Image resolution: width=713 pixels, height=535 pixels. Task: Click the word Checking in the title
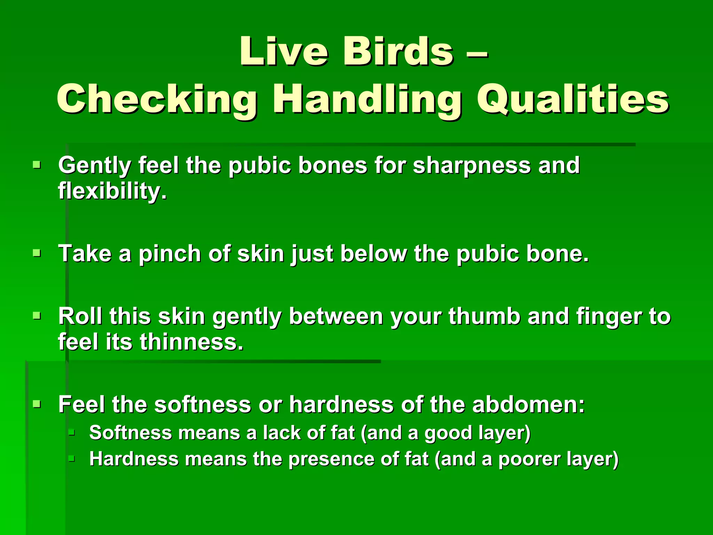(157, 99)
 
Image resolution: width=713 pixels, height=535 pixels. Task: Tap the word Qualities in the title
(573, 99)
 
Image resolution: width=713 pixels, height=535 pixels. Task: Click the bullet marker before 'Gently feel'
(37, 164)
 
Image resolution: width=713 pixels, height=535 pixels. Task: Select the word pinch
(170, 254)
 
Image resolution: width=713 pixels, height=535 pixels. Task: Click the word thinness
(191, 342)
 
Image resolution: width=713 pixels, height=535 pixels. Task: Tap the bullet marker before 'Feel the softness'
(37, 404)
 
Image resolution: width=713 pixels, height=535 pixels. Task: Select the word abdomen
(528, 405)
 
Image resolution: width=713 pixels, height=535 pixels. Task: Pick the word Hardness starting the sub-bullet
(134, 459)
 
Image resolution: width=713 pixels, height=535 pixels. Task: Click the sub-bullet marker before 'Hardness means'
(72, 458)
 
